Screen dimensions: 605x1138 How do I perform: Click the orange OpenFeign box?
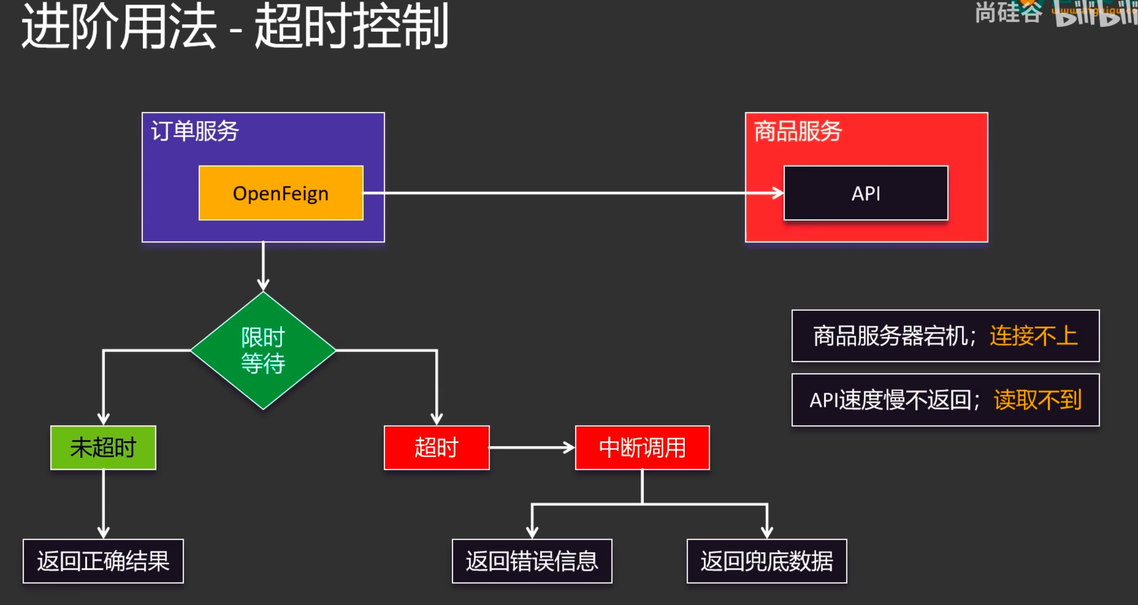click(281, 193)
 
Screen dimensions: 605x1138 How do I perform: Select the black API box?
click(865, 193)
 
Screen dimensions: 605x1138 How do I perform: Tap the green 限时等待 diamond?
click(263, 350)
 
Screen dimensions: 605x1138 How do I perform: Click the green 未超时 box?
click(103, 447)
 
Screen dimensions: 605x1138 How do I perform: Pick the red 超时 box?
click(437, 447)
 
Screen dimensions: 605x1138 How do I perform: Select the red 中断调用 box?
click(642, 447)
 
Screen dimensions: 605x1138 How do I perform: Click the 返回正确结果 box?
click(103, 561)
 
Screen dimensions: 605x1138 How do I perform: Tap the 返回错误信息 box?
click(532, 561)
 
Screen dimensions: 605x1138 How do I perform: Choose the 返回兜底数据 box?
click(766, 561)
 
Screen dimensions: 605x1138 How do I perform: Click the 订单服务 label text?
click(195, 131)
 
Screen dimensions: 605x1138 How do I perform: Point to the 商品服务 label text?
click(798, 131)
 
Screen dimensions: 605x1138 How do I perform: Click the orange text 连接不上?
click(1034, 336)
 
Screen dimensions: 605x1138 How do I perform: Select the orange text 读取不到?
click(1038, 400)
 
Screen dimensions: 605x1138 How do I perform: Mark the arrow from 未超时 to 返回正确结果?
click(103, 504)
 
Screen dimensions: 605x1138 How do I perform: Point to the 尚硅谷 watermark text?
click(1008, 12)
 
